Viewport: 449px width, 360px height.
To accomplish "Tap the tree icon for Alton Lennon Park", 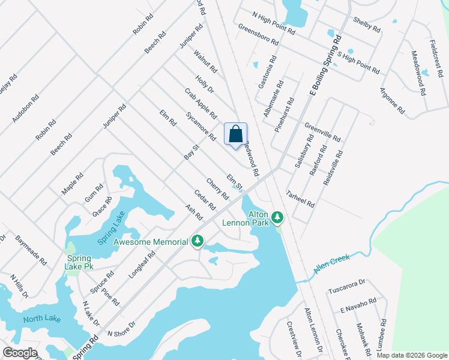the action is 277,216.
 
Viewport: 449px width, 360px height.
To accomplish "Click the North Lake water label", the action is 42,319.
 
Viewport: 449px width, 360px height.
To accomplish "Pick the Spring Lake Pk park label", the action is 79,262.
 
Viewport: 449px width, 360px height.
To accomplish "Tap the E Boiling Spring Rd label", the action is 325,65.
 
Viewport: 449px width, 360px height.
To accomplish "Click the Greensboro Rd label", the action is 258,35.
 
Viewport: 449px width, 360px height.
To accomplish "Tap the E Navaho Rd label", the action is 358,305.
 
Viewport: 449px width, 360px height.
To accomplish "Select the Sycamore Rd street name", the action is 200,125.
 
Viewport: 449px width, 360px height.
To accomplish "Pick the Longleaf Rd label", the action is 142,265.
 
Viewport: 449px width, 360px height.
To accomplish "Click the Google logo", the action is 19,353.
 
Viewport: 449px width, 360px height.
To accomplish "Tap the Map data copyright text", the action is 412,355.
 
